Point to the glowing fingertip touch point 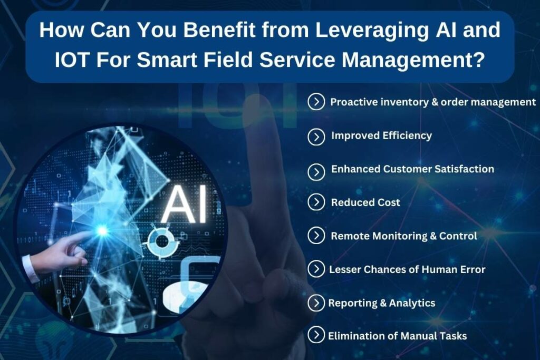point(102,230)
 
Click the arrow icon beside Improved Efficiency point(316,137)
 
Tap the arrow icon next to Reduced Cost point(316,202)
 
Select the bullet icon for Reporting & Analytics point(316,303)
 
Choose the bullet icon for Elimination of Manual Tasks point(316,336)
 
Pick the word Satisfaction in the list point(465,169)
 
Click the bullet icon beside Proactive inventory point(316,102)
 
